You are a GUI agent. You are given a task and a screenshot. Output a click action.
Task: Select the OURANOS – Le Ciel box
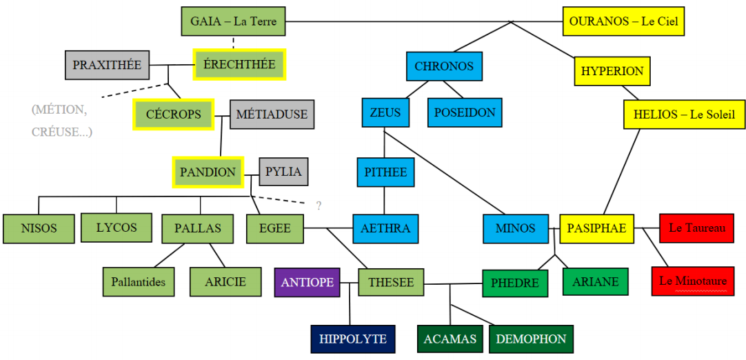623,21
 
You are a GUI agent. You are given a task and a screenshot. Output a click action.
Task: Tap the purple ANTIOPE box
308,282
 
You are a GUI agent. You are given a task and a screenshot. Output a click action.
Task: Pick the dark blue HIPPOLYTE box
352,339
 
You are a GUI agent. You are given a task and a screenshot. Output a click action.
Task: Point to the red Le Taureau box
696,228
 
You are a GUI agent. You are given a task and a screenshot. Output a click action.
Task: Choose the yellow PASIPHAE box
597,228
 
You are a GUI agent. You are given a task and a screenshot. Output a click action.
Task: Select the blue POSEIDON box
465,112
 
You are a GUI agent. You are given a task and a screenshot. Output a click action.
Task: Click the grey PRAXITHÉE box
107,65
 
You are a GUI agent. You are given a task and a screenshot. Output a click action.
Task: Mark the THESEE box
391,283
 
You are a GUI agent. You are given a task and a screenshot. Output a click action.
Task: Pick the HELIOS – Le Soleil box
684,114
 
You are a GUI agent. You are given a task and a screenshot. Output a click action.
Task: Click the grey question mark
319,206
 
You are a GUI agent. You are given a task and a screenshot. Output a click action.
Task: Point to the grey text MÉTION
59,110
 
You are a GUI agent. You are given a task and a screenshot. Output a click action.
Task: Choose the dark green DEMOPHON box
531,339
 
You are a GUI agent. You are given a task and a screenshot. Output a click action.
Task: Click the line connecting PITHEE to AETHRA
385,201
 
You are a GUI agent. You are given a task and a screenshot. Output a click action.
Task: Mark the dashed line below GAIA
234,43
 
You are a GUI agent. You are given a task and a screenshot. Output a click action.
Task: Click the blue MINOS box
515,228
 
